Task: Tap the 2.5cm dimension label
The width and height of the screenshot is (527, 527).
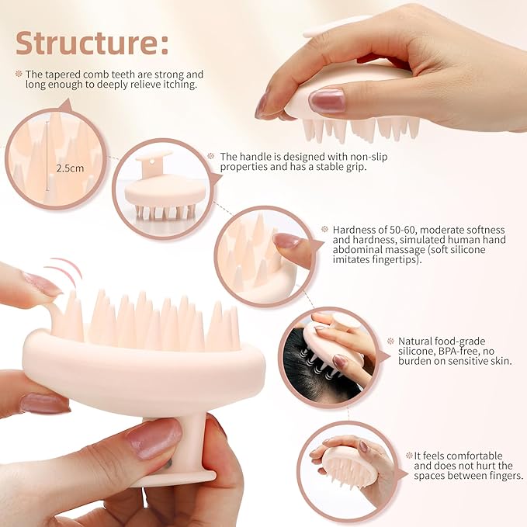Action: (69, 167)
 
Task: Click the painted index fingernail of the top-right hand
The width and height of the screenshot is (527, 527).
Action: (326, 100)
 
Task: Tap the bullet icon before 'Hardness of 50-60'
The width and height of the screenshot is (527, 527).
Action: (324, 230)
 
